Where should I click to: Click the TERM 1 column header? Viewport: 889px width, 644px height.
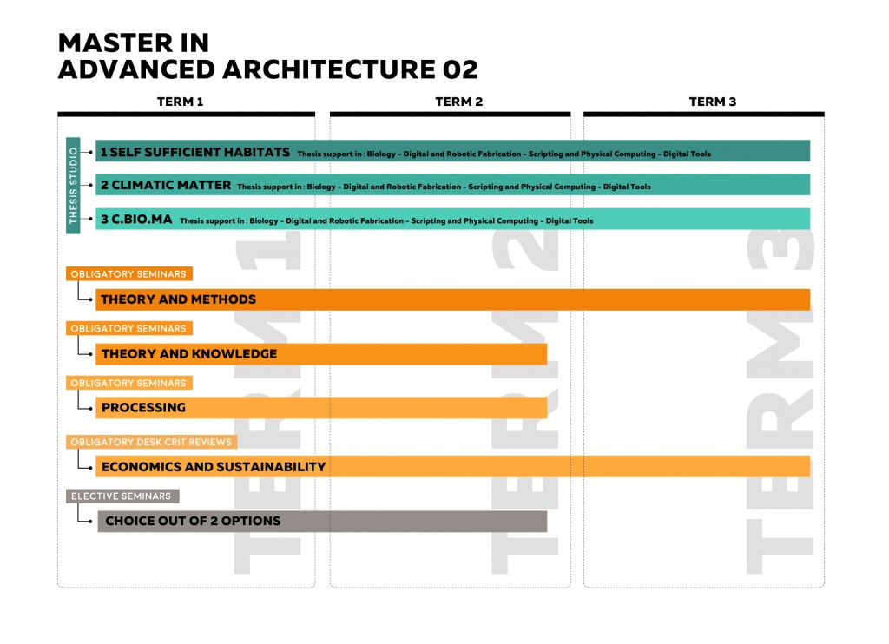pos(180,102)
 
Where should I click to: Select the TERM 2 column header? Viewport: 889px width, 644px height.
pos(458,102)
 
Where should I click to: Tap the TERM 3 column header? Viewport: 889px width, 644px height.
pos(712,102)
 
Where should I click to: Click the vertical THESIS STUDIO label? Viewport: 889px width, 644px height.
pos(73,185)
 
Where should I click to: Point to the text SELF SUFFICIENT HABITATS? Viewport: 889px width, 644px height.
pos(201,152)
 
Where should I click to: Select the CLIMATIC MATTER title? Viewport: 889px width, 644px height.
pos(171,185)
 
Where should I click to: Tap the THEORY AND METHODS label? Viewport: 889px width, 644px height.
pos(178,299)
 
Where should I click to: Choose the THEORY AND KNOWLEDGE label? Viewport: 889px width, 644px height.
pos(188,354)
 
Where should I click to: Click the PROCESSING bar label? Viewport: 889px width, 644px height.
pos(143,408)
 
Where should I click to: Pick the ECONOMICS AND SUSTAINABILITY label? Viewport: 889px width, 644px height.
pos(213,467)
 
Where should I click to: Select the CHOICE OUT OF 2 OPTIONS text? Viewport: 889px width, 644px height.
pos(193,522)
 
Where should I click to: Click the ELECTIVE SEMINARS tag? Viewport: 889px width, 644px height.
pos(122,496)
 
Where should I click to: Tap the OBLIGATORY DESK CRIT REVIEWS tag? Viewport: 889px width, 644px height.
pos(151,442)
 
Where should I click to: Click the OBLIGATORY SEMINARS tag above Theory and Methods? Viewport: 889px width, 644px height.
pos(128,274)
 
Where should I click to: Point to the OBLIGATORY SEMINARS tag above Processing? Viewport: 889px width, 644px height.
pos(128,383)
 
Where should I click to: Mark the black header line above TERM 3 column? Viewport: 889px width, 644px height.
pos(703,114)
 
